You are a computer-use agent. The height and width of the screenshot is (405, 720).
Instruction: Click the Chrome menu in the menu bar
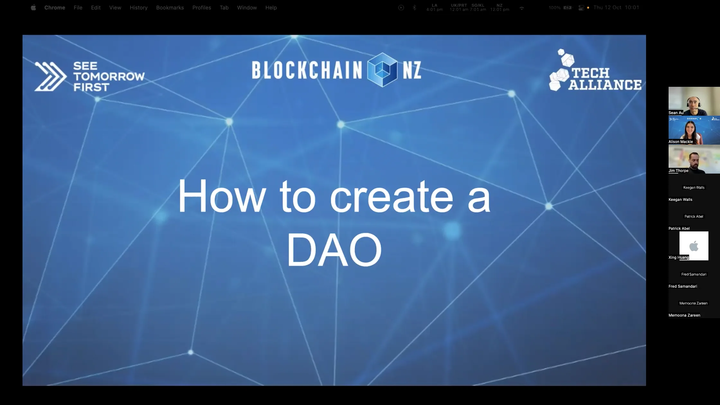pyautogui.click(x=55, y=7)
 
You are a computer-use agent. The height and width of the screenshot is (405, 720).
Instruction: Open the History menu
pyautogui.click(x=139, y=7)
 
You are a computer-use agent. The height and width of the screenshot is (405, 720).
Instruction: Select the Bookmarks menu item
pyautogui.click(x=170, y=7)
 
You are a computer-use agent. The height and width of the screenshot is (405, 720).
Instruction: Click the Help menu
pyautogui.click(x=271, y=7)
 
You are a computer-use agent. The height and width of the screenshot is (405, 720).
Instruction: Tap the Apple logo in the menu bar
pyautogui.click(x=33, y=7)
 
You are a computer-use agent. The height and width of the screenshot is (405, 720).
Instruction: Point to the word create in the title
pyautogui.click(x=391, y=197)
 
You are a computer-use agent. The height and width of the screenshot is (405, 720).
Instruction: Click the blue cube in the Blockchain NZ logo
pyautogui.click(x=382, y=70)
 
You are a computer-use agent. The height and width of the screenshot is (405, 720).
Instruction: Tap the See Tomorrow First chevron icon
pyautogui.click(x=50, y=76)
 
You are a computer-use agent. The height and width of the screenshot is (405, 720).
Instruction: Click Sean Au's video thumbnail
pyautogui.click(x=694, y=101)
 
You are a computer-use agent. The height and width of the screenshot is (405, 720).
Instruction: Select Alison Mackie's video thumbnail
pyautogui.click(x=694, y=130)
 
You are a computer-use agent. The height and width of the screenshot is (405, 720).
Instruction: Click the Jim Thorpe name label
pyautogui.click(x=678, y=171)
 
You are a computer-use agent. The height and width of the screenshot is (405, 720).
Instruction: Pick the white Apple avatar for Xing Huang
pyautogui.click(x=694, y=246)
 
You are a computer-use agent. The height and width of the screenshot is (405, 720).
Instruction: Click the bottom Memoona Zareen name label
pyautogui.click(x=684, y=315)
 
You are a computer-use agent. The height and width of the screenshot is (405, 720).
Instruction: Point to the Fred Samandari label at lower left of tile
pyautogui.click(x=682, y=286)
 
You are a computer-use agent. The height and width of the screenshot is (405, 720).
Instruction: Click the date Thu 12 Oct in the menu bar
pyautogui.click(x=607, y=7)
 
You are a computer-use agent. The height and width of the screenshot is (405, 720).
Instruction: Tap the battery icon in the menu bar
pyautogui.click(x=567, y=7)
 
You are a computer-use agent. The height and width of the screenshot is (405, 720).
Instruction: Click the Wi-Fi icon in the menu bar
pyautogui.click(x=522, y=8)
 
